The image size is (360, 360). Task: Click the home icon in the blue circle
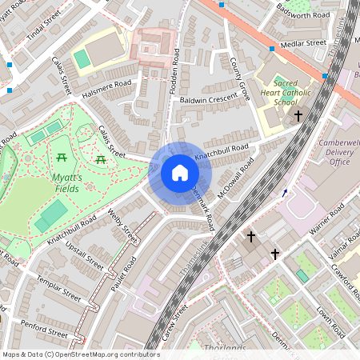click(x=180, y=173)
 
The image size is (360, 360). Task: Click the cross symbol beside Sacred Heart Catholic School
click(x=298, y=116)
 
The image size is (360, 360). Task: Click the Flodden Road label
click(x=174, y=72)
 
